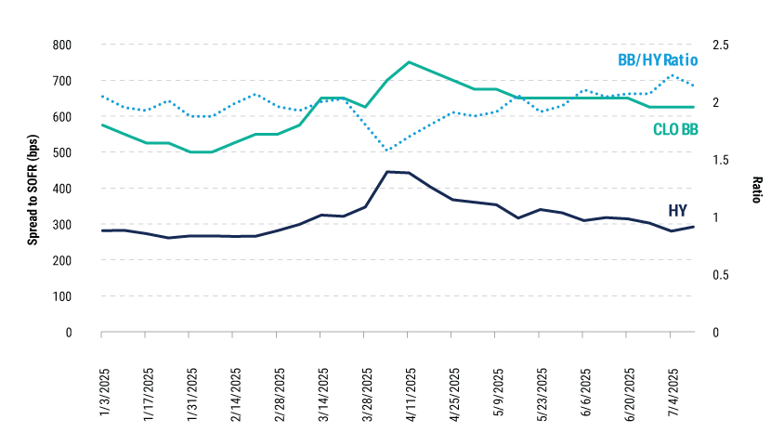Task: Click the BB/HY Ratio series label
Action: (657, 60)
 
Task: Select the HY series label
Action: (678, 211)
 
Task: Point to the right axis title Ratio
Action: (756, 189)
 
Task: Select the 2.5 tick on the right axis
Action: (721, 45)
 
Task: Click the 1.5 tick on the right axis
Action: (721, 160)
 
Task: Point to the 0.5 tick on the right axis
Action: (721, 275)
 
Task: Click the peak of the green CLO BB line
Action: (409, 62)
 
